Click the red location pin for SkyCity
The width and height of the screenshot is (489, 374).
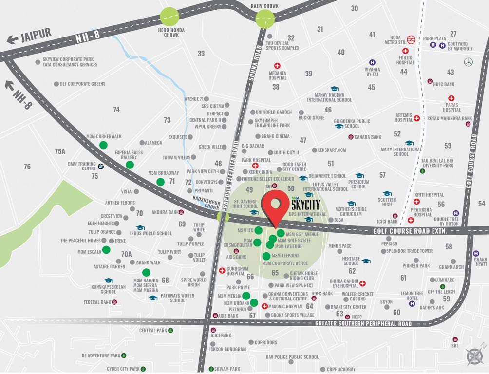pos(276,207)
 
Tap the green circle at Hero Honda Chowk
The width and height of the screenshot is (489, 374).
pos(169,17)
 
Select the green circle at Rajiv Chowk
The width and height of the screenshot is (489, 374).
pos(265,19)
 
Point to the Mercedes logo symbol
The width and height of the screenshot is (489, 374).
pos(469,62)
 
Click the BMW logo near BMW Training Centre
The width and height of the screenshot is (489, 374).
pos(101,166)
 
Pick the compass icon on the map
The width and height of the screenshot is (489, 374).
pos(474,357)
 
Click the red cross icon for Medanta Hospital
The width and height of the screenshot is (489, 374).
pos(278,66)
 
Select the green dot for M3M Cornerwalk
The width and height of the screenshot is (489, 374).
pos(103,145)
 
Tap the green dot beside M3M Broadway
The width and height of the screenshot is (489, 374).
pos(160,182)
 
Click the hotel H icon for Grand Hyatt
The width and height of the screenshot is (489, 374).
pos(476,253)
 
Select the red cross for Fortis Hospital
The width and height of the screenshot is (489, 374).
pos(404,51)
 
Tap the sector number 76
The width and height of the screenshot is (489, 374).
pos(27,167)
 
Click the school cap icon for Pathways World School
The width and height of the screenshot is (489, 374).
pos(153,298)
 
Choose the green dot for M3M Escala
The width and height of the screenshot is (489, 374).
pos(106,250)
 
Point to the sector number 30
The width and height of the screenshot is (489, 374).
pos(355,8)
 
